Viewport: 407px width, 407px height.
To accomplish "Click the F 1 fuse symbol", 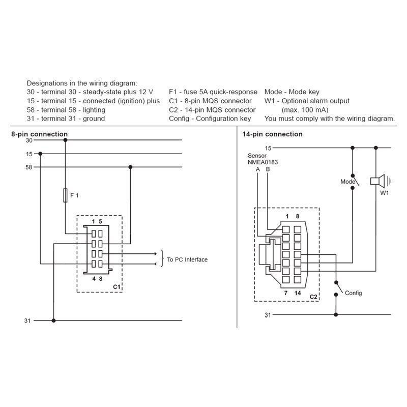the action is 65,195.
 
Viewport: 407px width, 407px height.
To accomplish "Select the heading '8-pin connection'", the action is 40,134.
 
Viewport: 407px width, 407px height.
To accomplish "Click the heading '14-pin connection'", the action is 272,134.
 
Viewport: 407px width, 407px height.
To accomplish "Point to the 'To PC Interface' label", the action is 187,259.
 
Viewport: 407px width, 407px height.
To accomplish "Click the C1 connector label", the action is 117,287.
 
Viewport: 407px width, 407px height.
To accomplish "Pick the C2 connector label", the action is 313,297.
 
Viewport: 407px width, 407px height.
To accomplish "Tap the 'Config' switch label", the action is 353,293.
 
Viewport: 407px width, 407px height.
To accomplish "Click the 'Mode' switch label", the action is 347,182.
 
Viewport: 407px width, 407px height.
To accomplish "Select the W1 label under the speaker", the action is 385,193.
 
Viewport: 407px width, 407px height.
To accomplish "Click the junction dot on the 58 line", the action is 130,167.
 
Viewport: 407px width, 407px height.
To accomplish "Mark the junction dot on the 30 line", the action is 66,140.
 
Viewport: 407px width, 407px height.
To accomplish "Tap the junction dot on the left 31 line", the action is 53,321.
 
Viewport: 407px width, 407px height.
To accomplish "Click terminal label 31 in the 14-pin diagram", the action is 268,315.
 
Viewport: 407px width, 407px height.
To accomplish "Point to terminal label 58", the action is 29,167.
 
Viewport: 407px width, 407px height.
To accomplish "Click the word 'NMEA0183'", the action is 263,162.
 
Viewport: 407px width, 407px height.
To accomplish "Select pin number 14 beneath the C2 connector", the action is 298,293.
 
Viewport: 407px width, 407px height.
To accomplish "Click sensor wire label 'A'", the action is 258,169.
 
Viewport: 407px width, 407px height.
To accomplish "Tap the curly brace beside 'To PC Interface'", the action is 162,258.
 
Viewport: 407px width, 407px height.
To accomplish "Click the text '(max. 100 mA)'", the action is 305,110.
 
